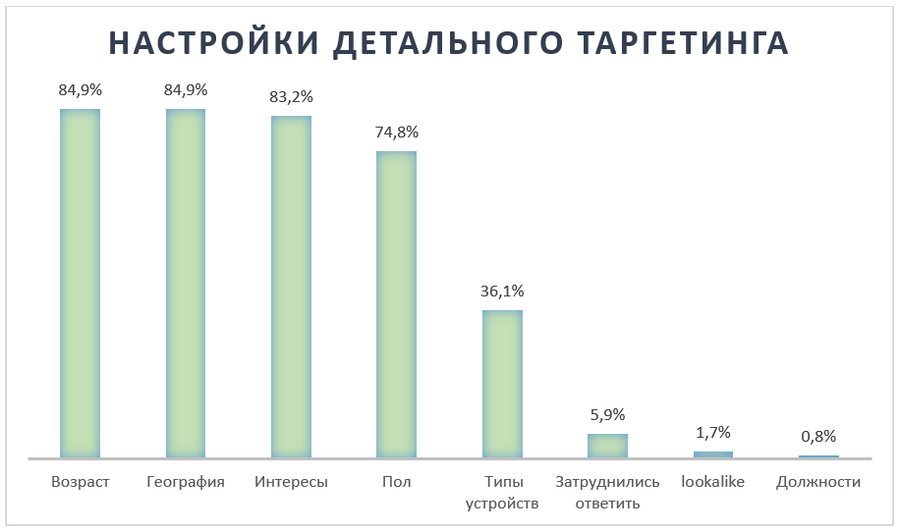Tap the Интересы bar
(291, 287)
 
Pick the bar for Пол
(397, 304)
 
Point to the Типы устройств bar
(502, 384)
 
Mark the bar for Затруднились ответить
(607, 446)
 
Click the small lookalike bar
(713, 454)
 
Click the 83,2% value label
(291, 97)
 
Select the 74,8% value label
(397, 133)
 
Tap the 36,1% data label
(502, 292)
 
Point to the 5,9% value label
(607, 415)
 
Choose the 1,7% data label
(713, 433)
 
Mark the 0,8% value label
(818, 437)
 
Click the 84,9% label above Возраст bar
(81, 90)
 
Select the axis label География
(186, 482)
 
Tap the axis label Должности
(818, 482)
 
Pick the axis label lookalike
(713, 482)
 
